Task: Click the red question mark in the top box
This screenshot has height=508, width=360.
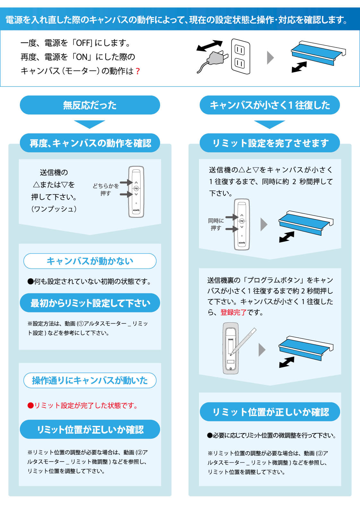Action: (138, 71)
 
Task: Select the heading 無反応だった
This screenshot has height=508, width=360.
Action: (90, 105)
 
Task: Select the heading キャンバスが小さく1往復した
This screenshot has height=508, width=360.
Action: (270, 105)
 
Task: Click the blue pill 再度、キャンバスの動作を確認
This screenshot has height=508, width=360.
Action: (90, 143)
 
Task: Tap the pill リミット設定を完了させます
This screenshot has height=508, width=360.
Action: (270, 143)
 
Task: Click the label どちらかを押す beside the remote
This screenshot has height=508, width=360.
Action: (106, 190)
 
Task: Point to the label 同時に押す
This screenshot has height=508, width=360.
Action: (216, 224)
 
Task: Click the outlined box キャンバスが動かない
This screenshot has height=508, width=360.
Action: (90, 261)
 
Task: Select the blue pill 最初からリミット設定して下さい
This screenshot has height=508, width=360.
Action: (90, 303)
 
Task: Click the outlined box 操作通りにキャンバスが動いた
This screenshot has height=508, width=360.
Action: (90, 380)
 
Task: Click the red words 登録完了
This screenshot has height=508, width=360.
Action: (233, 312)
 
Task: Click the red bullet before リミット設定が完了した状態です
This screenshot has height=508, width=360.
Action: (30, 406)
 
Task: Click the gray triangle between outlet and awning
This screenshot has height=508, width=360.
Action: (270, 58)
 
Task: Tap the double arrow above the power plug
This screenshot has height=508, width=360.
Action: (209, 46)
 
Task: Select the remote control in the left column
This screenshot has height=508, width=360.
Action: (136, 192)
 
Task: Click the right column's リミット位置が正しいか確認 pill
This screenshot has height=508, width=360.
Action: (270, 412)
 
